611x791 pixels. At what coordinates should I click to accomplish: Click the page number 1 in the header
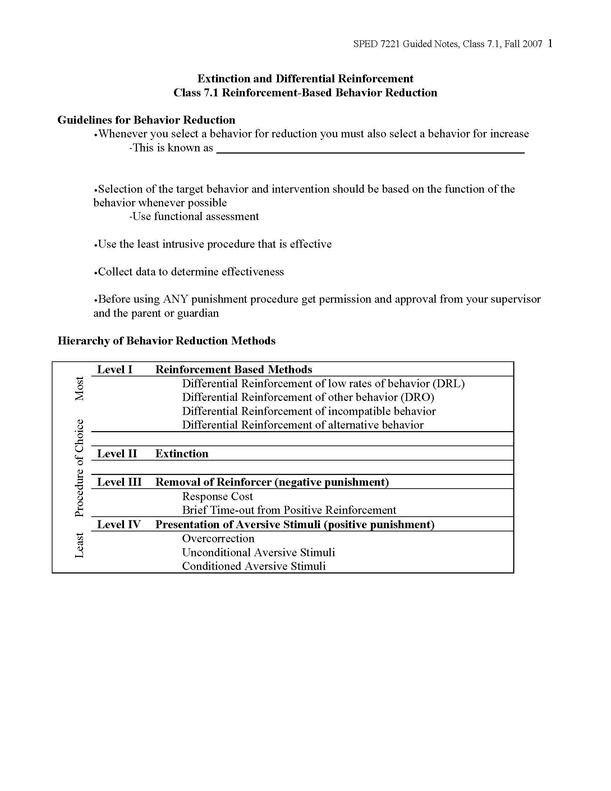550,44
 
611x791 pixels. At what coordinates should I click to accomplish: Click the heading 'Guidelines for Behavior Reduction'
146,120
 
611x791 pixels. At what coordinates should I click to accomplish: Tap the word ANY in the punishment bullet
175,299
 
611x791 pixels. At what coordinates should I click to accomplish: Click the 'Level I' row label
115,369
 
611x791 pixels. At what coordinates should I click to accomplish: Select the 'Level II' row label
117,453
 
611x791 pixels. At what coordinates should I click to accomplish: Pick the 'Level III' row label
119,482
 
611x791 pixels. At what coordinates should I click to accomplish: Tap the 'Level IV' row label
119,525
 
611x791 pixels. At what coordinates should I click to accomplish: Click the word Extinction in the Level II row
182,453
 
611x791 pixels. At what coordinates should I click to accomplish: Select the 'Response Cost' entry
217,496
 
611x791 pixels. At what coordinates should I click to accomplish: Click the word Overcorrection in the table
218,539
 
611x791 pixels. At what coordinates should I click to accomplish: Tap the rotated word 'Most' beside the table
79,388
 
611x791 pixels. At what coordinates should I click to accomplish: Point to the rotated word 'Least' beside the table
79,545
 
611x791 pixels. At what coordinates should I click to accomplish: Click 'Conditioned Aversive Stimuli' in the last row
254,566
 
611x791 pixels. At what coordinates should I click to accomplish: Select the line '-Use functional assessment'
194,216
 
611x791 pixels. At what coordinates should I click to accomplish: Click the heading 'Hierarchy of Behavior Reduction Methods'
166,341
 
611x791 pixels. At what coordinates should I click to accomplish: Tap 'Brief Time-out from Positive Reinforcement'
289,510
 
